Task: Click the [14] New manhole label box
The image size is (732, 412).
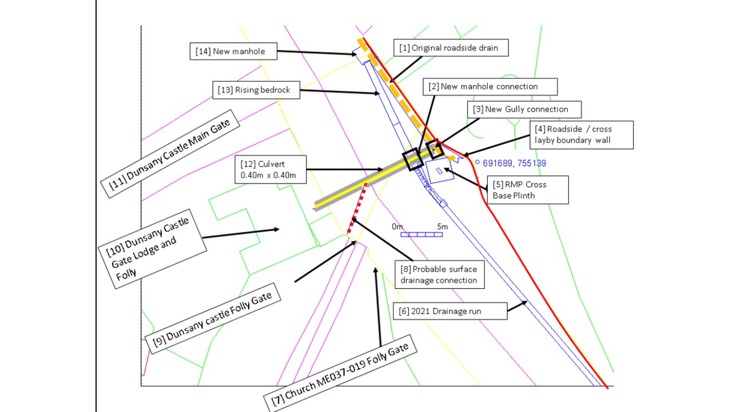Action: tap(233, 51)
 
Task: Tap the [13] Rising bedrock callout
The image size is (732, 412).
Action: tap(255, 90)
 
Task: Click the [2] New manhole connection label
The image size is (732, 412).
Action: tap(490, 86)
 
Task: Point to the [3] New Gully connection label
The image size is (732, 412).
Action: tap(524, 109)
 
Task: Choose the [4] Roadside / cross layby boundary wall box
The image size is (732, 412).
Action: tap(580, 134)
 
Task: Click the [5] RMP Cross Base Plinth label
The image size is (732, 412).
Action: tap(527, 189)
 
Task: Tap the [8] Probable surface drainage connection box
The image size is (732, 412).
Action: tap(438, 275)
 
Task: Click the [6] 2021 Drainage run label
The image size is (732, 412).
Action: tap(451, 311)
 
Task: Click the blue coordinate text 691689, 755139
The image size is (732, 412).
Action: tap(514, 163)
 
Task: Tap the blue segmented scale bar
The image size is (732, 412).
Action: tap(424, 235)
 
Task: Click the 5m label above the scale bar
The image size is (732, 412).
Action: tap(442, 227)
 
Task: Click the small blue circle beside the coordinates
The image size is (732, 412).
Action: tap(478, 162)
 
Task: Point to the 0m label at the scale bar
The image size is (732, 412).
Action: tap(397, 227)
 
